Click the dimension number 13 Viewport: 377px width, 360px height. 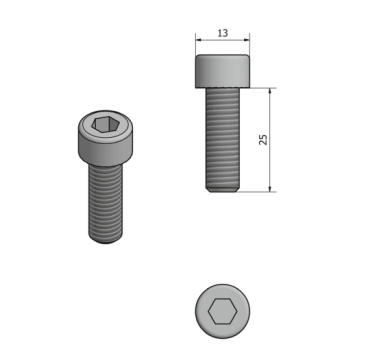point(223,33)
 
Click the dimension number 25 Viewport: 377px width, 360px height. point(263,139)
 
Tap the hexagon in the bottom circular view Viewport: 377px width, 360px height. point(222,311)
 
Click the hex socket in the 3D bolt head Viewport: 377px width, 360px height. point(106,125)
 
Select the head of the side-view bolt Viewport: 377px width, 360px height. point(222,71)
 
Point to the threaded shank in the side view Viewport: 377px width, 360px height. point(222,137)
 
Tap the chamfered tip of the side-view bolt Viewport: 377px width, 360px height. point(222,190)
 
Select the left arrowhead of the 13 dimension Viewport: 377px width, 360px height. point(199,40)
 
